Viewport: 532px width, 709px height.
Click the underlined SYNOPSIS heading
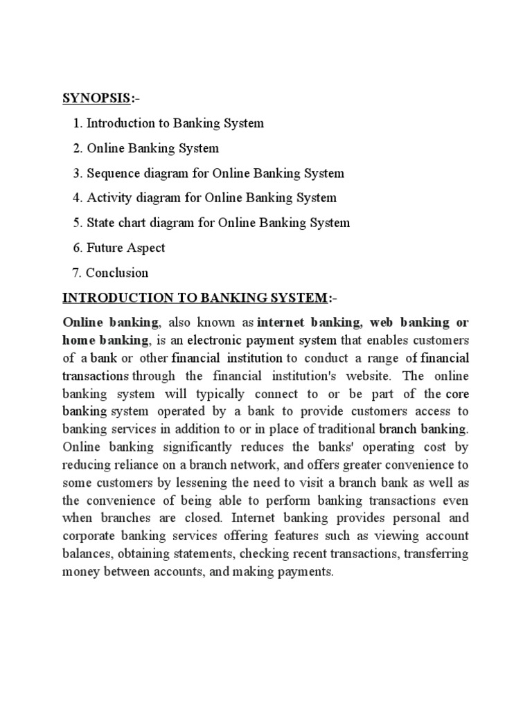coord(96,98)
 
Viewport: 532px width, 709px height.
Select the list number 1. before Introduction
coord(78,123)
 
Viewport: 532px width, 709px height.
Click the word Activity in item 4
coord(109,198)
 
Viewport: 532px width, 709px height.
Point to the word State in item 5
coord(102,223)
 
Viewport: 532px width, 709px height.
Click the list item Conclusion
coord(118,273)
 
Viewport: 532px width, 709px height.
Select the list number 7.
coord(78,273)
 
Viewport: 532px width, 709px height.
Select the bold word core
coord(457,395)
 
